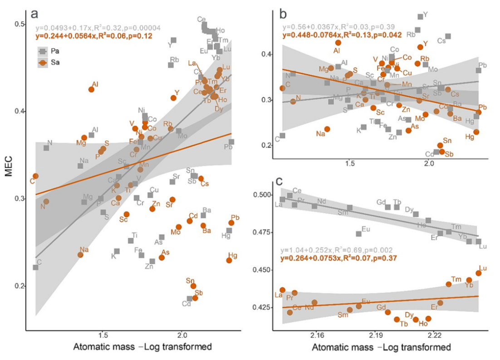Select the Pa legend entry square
42,51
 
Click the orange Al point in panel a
91,89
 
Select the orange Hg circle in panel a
229,260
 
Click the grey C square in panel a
35,267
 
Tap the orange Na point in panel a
80,255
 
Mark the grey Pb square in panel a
231,142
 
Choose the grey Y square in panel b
420,17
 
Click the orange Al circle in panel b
338,43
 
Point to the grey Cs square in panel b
448,36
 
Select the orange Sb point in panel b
442,152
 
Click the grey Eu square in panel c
359,234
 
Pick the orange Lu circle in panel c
479,273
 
